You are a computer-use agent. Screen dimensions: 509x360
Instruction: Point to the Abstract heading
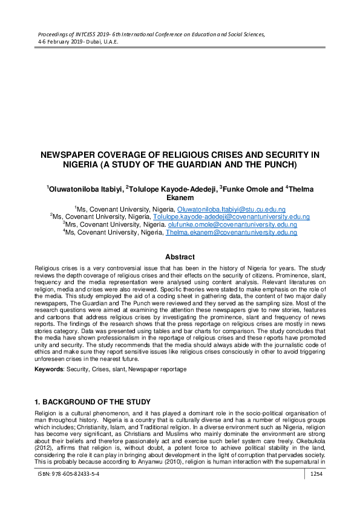click(x=180, y=257)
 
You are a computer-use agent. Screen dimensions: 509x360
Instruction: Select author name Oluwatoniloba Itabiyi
click(x=85, y=189)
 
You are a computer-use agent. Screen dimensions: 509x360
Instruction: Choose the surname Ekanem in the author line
click(x=180, y=197)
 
